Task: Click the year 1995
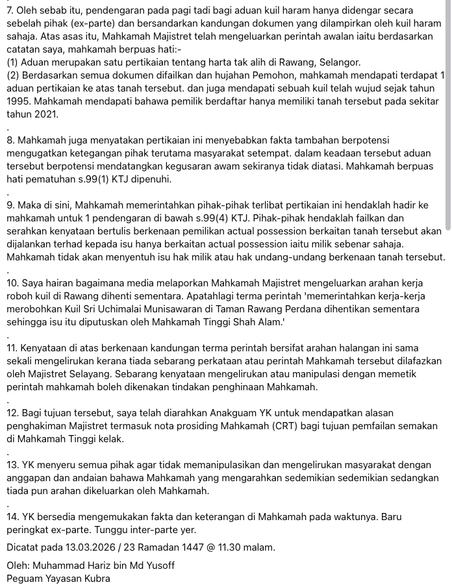pyautogui.click(x=19, y=101)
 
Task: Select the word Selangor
pyautogui.click(x=333, y=62)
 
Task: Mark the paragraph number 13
pyautogui.click(x=12, y=465)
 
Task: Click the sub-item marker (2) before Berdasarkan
pyautogui.click(x=14, y=75)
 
